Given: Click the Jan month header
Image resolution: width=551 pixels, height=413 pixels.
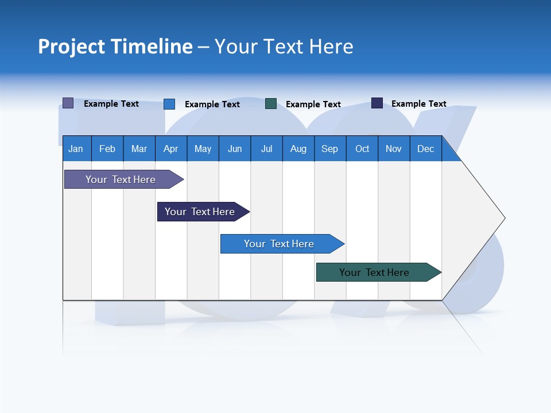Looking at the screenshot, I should (x=76, y=149).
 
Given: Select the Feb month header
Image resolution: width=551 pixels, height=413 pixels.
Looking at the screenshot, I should (x=107, y=149).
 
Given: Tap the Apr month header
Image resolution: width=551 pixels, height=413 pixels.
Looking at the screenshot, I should (x=171, y=149).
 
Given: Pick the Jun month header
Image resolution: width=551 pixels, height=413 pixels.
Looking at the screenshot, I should (x=235, y=149).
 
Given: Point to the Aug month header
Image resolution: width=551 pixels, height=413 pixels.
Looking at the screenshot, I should (x=298, y=149).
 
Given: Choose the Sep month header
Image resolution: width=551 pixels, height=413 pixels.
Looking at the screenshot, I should (x=330, y=149).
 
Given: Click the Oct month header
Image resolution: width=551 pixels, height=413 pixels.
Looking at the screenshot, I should (x=362, y=149).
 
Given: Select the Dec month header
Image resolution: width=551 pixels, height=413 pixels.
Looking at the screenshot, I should (x=426, y=149).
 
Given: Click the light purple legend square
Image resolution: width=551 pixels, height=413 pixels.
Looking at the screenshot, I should (x=68, y=103).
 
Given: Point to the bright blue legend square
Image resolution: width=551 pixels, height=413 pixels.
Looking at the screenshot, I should (x=169, y=104).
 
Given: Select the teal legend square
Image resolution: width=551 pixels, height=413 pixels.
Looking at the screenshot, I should (x=271, y=104).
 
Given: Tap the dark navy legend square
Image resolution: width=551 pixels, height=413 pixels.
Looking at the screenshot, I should (x=377, y=103).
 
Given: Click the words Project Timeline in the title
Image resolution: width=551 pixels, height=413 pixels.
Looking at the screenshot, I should (x=115, y=46).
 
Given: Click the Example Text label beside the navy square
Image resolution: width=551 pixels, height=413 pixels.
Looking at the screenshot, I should (x=418, y=104).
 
